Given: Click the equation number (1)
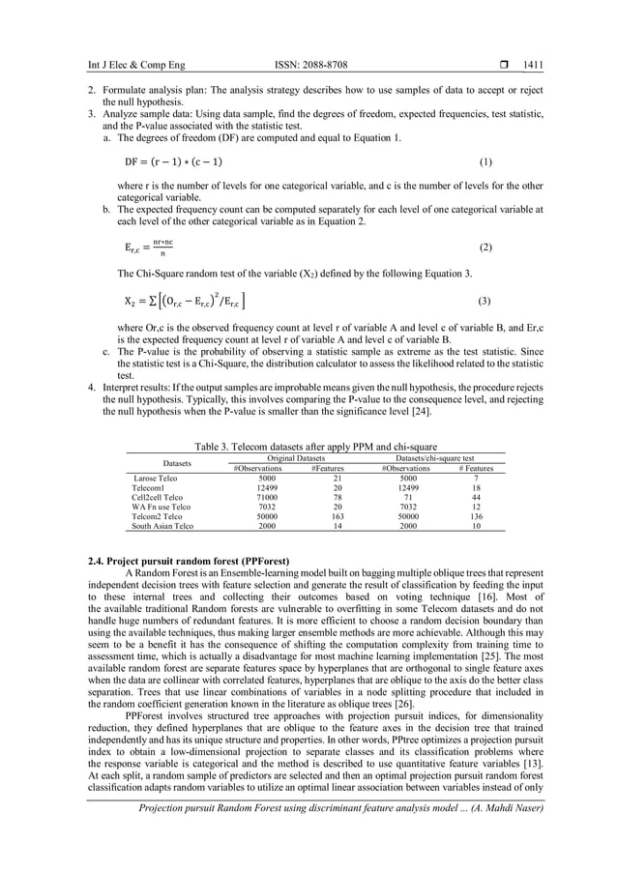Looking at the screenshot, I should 485,161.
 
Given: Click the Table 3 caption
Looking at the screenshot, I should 308,447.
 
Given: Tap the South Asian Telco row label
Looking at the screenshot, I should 163,526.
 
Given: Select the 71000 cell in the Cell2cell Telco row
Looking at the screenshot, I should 268,497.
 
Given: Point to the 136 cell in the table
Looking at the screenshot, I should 476,516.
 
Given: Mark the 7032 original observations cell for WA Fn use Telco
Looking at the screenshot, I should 268,507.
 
